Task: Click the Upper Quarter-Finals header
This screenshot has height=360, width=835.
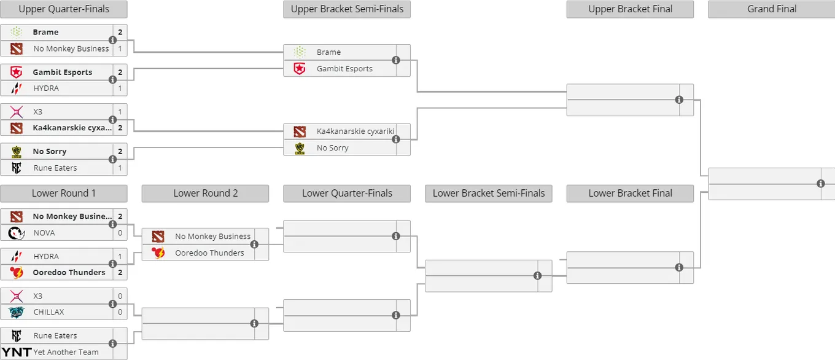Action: pyautogui.click(x=64, y=9)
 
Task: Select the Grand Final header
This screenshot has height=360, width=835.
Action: pyautogui.click(x=772, y=9)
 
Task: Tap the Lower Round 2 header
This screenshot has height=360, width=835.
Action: pyautogui.click(x=206, y=194)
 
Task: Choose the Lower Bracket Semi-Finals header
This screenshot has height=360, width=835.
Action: pyautogui.click(x=489, y=194)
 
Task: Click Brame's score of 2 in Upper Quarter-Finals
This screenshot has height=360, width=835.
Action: pyautogui.click(x=120, y=32)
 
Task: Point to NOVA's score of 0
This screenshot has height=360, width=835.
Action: pyautogui.click(x=120, y=233)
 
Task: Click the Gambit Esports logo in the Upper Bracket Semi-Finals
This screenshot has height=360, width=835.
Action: pyautogui.click(x=300, y=69)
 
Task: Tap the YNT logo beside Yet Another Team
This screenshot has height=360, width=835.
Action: pyautogui.click(x=17, y=352)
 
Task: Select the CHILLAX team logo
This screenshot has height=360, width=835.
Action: pyautogui.click(x=17, y=312)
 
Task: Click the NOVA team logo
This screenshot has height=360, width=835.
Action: pyautogui.click(x=17, y=233)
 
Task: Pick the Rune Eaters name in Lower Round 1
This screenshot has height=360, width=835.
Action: pyautogui.click(x=55, y=336)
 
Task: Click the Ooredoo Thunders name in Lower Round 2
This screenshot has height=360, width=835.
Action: pyautogui.click(x=209, y=253)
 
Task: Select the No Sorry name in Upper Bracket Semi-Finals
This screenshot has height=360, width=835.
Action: pyautogui.click(x=333, y=147)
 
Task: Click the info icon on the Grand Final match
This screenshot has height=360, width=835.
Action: pyautogui.click(x=820, y=184)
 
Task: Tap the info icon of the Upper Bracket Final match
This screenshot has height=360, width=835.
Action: pyautogui.click(x=679, y=100)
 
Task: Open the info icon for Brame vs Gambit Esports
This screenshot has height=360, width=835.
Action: pyautogui.click(x=396, y=60)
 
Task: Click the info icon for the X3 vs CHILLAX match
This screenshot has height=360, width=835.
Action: pyautogui.click(x=112, y=303)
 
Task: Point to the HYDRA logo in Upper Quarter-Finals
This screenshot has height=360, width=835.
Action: pyautogui.click(x=17, y=88)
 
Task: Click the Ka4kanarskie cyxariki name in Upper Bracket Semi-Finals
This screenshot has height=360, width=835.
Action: pyautogui.click(x=355, y=131)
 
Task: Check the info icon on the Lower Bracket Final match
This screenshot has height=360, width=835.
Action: pyautogui.click(x=679, y=267)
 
